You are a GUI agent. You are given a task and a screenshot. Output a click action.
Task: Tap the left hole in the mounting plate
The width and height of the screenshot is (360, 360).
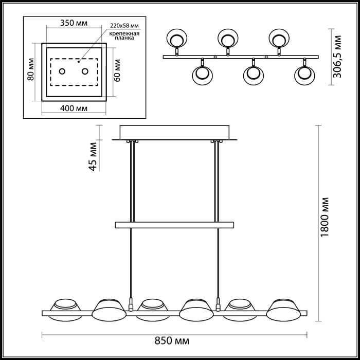pos(62,71)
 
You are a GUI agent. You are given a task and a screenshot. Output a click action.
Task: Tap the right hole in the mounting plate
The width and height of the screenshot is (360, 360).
pos(85,71)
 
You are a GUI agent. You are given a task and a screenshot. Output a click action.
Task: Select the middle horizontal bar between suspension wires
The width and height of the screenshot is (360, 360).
pos(175,225)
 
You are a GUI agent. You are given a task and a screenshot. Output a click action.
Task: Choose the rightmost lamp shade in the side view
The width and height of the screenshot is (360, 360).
pos(284,308)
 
